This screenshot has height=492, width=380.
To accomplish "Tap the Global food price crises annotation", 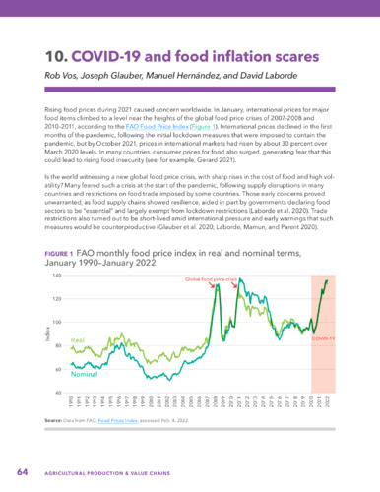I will [x=213, y=280].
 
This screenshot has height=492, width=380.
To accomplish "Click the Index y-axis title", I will [x=48, y=335].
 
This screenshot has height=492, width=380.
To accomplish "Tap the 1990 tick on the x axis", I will [x=71, y=402].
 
